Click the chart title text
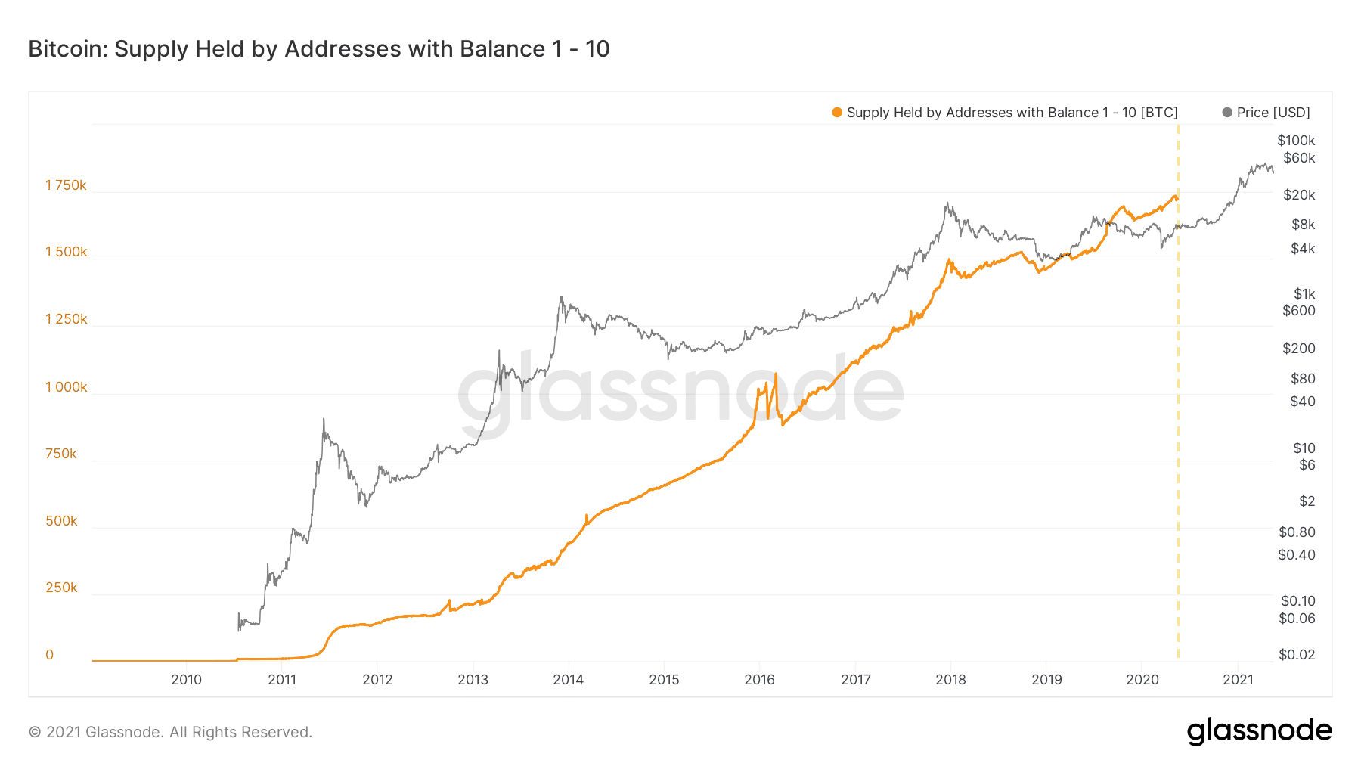[x=318, y=49]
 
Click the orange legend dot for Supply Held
[x=837, y=113]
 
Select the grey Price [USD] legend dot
[x=1227, y=113]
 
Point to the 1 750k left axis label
[x=66, y=185]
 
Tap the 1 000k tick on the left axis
[x=66, y=387]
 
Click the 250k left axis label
[x=61, y=588]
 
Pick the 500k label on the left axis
[x=61, y=521]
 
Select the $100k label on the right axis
[x=1296, y=141]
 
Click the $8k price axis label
[x=1303, y=225]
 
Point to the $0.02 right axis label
[x=1297, y=655]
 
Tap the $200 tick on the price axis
[x=1298, y=349]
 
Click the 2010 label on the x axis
[x=186, y=680]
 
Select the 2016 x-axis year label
[x=759, y=680]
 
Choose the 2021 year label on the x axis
[x=1238, y=680]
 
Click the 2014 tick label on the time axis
[x=568, y=680]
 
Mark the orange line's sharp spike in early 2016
[x=776, y=374]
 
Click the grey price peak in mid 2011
[x=324, y=419]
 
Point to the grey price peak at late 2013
[x=560, y=298]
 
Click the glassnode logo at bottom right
[x=1259, y=731]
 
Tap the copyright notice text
[x=170, y=732]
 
